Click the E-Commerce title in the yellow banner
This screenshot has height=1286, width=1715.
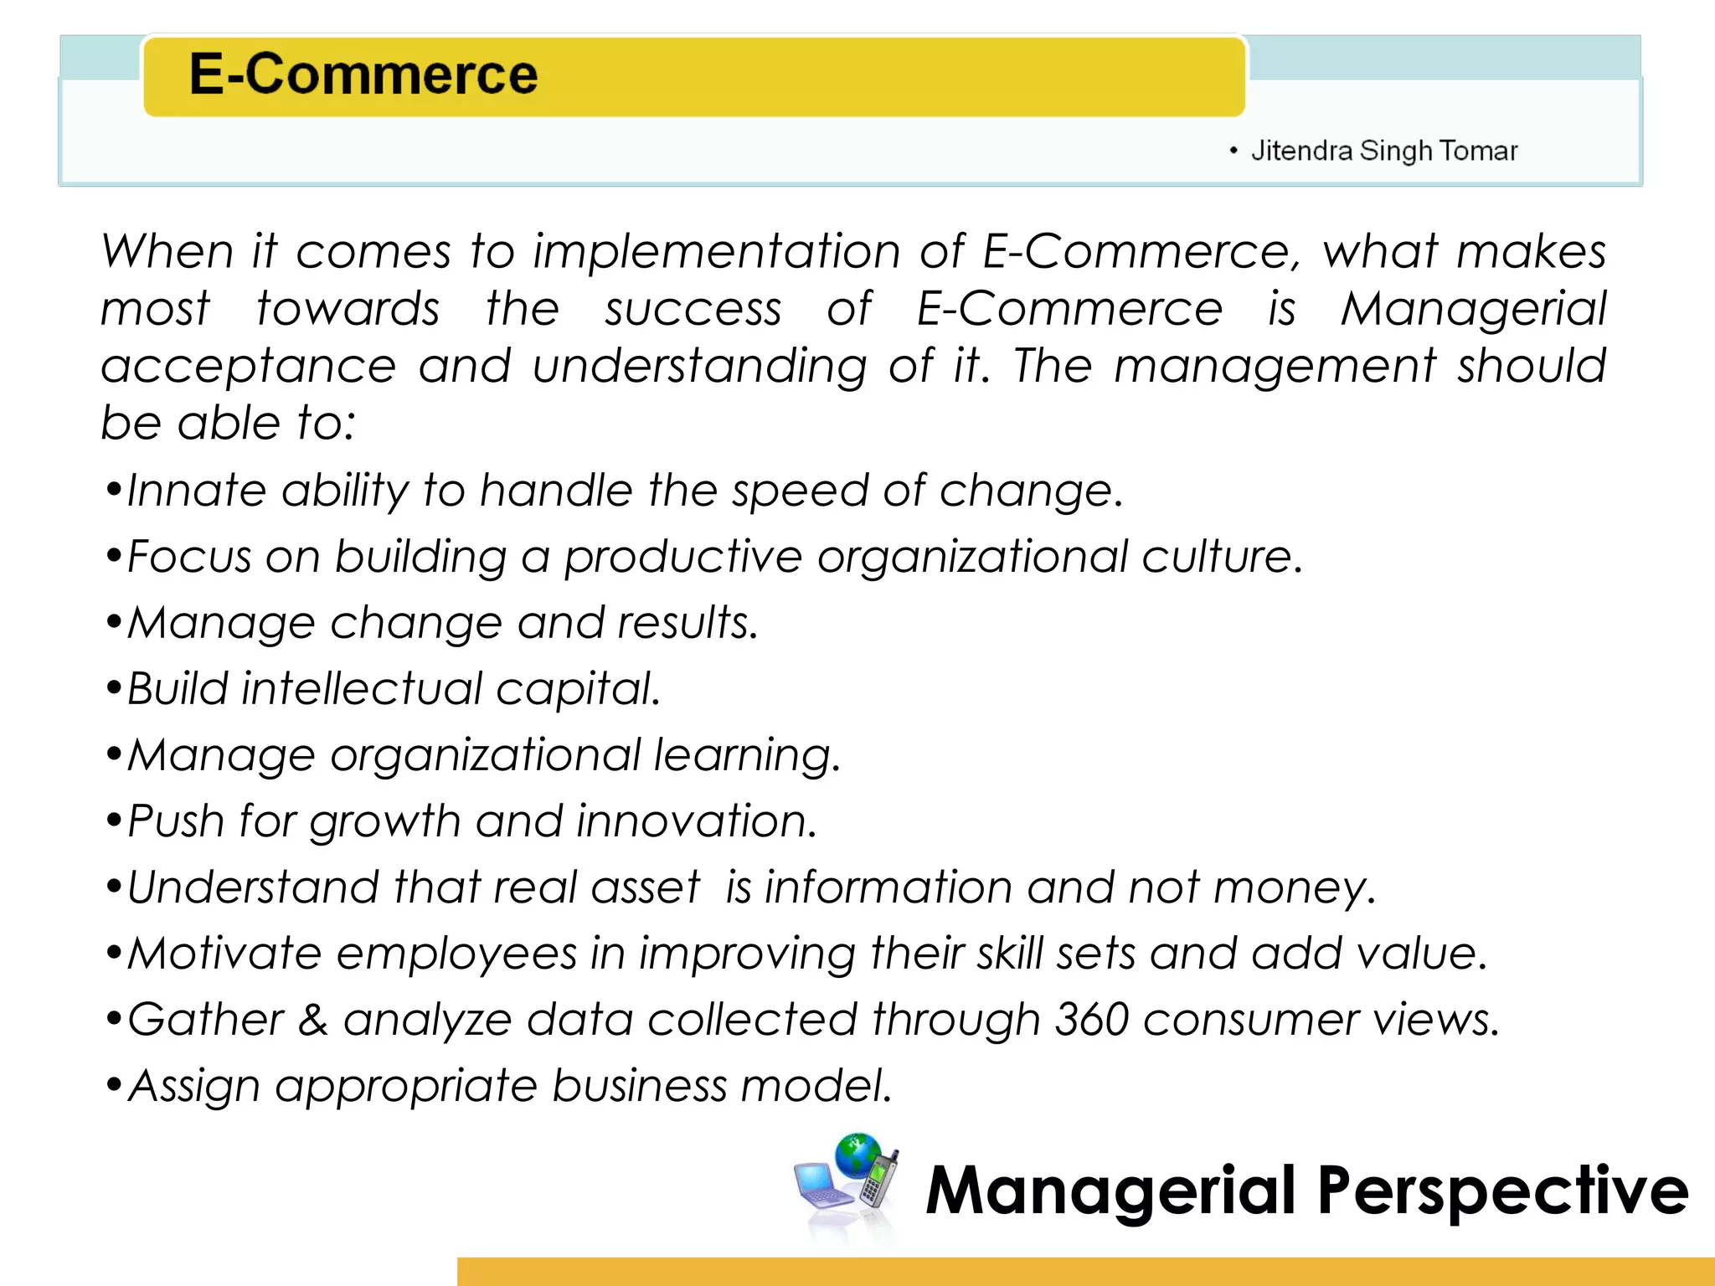pyautogui.click(x=363, y=74)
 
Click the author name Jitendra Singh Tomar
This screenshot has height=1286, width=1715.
pyautogui.click(x=1383, y=151)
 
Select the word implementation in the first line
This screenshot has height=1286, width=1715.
pyautogui.click(x=716, y=251)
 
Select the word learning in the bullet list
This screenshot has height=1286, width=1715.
pyautogui.click(x=746, y=755)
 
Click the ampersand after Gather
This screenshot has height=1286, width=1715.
pyautogui.click(x=313, y=1020)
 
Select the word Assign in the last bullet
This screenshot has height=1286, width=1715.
pyautogui.click(x=194, y=1086)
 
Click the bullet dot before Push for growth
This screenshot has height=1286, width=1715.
pyautogui.click(x=114, y=821)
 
